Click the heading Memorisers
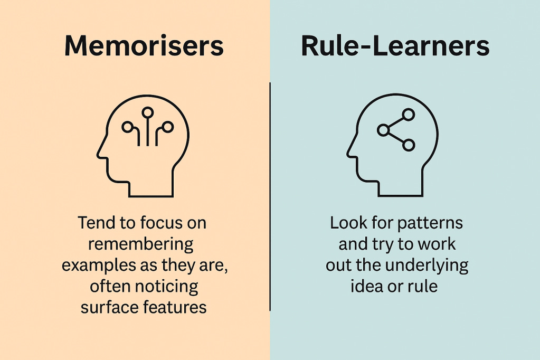pyautogui.click(x=144, y=46)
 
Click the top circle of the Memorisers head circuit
pyautogui.click(x=148, y=112)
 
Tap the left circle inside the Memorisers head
pyautogui.click(x=127, y=127)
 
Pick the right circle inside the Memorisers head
pyautogui.click(x=168, y=127)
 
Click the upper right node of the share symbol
pyautogui.click(x=408, y=114)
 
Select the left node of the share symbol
pyautogui.click(x=383, y=129)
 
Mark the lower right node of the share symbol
pyautogui.click(x=408, y=145)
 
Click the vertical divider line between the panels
pyautogui.click(x=270, y=195)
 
